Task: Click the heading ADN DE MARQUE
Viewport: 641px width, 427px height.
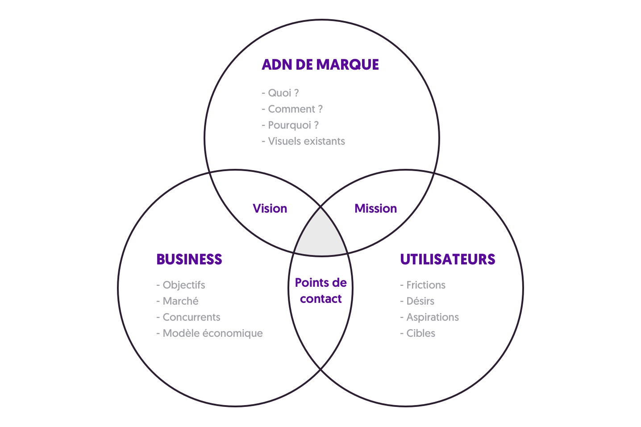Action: pos(320,65)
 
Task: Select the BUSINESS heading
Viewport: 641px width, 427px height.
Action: pos(189,260)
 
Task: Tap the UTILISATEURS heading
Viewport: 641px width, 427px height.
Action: pos(447,260)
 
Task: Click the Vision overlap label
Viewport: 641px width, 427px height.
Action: pos(270,209)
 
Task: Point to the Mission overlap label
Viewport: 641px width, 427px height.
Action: pos(375,209)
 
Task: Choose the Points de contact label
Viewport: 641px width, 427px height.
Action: pos(320,291)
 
